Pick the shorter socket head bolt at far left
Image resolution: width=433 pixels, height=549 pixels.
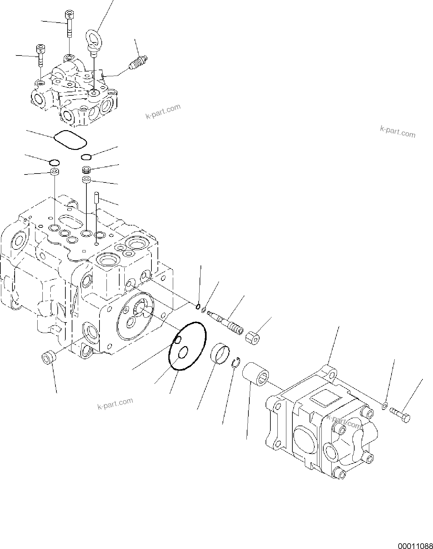40,55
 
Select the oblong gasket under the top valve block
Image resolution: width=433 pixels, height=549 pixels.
70,140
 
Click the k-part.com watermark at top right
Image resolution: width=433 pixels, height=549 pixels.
398,131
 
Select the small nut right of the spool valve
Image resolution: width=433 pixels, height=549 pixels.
253,338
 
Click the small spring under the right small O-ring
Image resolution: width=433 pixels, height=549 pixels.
86,169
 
